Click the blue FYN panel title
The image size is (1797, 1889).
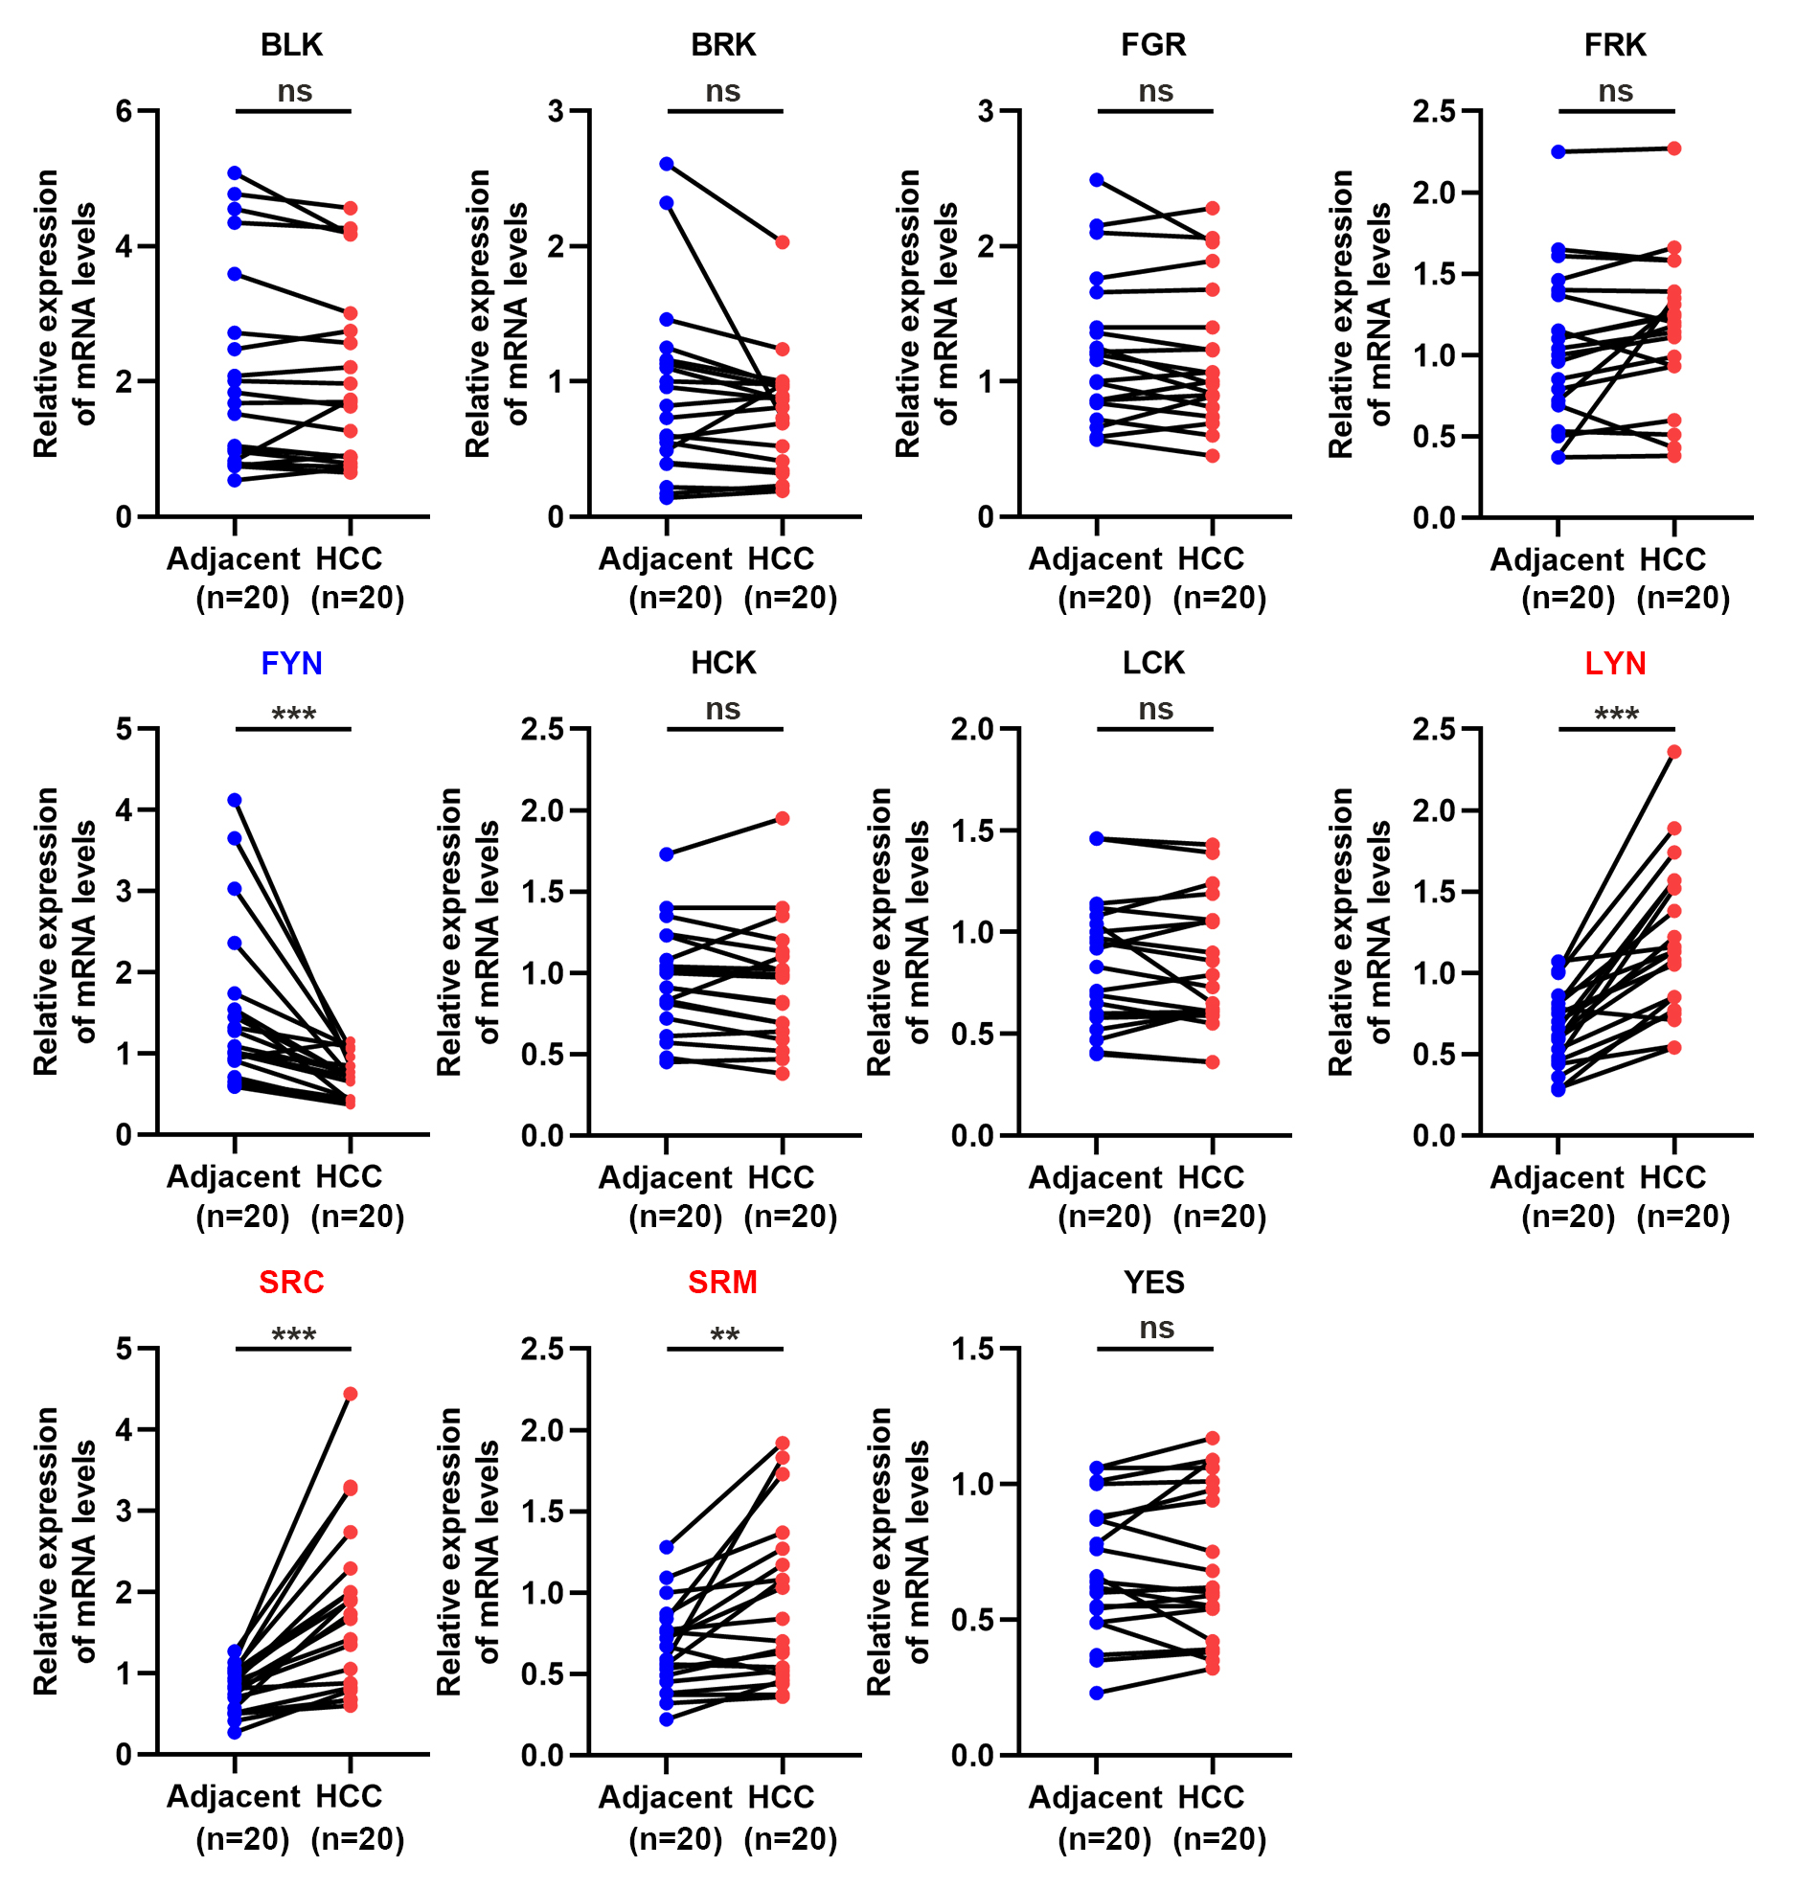(x=291, y=663)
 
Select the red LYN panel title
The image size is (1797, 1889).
(x=1615, y=663)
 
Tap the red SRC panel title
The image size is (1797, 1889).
(x=291, y=1282)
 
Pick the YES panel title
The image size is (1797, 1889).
(x=1154, y=1282)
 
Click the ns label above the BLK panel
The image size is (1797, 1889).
(x=294, y=92)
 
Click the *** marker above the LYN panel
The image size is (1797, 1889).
(x=1616, y=715)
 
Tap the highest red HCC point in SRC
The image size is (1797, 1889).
(x=351, y=1394)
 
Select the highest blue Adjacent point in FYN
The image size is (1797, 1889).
(x=235, y=800)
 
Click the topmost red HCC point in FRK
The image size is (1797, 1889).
(x=1674, y=148)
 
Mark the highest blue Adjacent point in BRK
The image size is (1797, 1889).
(x=667, y=164)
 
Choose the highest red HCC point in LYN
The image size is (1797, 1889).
(x=1674, y=752)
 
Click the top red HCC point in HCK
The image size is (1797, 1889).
(x=783, y=818)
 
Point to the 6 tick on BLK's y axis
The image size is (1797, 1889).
(x=125, y=111)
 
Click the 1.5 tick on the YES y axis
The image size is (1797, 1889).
(x=973, y=1349)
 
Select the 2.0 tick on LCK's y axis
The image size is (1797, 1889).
(x=973, y=729)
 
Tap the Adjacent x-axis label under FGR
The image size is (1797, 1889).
(x=1096, y=558)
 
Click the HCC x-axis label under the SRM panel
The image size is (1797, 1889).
(x=781, y=1797)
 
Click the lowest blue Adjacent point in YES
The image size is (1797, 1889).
(x=1097, y=1693)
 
